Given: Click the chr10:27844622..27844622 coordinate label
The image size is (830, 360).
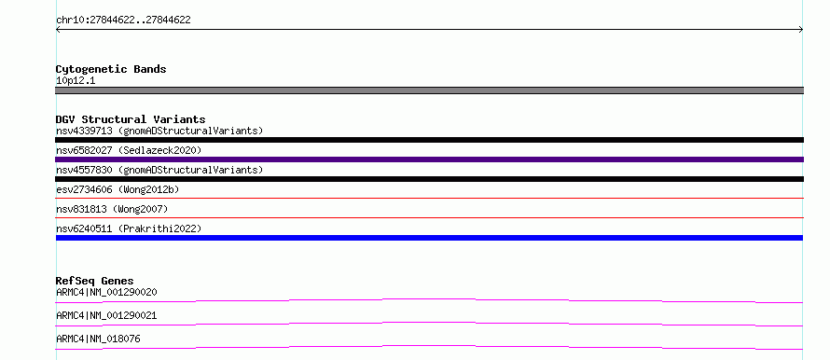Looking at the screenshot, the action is (x=123, y=21).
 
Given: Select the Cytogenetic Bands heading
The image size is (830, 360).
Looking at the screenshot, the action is (x=111, y=69).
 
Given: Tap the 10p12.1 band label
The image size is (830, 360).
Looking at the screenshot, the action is (x=76, y=81).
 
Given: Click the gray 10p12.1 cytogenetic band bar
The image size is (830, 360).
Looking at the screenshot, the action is (x=429, y=90).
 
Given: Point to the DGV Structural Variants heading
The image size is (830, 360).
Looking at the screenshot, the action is (x=131, y=119).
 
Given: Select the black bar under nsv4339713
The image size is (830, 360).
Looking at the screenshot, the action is (x=429, y=140).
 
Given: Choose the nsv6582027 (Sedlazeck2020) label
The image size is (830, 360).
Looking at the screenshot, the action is (x=129, y=150).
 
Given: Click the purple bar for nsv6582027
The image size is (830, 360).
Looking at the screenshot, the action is (x=429, y=159).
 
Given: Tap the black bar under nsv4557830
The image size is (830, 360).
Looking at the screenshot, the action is (x=429, y=179).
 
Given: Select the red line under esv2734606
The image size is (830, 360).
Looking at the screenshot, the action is (x=429, y=198).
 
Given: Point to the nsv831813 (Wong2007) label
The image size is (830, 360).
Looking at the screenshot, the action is (x=112, y=209).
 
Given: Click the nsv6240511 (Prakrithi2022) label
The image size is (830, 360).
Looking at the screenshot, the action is (x=129, y=228).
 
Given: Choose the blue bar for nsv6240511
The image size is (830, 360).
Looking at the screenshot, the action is (x=429, y=238).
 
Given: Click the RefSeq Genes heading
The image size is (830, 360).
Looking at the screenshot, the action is (x=95, y=281).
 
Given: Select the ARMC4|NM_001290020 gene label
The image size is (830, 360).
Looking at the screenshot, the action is (x=106, y=292).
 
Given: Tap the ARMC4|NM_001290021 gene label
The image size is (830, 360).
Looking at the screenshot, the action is (x=106, y=315).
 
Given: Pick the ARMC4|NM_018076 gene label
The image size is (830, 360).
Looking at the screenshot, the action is (x=98, y=339).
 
